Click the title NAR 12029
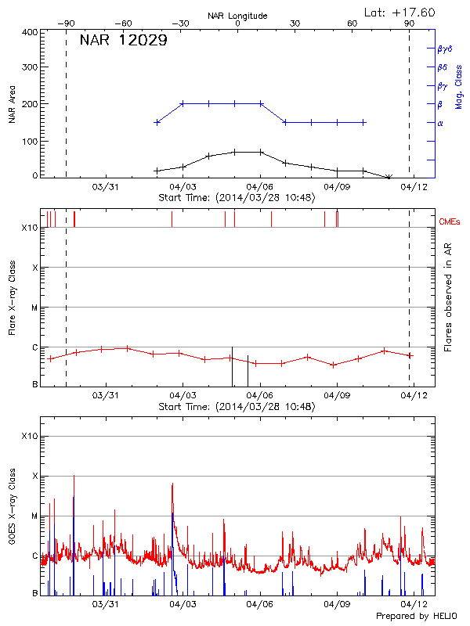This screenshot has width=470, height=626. [x=123, y=41]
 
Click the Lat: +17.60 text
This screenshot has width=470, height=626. [x=400, y=12]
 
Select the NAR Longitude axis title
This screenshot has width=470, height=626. [x=237, y=15]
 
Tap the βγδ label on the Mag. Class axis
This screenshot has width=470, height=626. [x=446, y=49]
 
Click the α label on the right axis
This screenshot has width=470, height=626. [x=440, y=123]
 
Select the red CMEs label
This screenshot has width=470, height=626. [x=452, y=221]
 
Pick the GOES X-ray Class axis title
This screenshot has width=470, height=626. [x=13, y=515]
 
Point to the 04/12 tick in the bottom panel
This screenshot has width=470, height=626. [x=414, y=604]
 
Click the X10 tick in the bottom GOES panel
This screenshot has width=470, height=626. [x=30, y=436]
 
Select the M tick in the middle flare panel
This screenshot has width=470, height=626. [x=35, y=308]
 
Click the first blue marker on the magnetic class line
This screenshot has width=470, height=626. [x=157, y=122]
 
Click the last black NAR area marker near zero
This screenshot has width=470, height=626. [x=389, y=177]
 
